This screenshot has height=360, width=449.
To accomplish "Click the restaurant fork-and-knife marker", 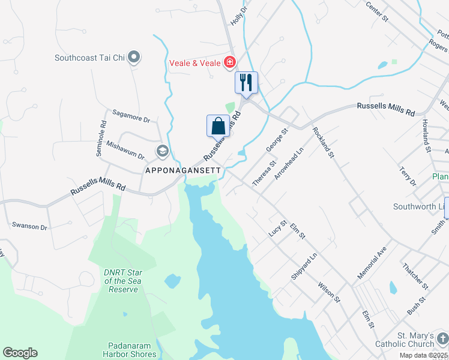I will [x=246, y=82].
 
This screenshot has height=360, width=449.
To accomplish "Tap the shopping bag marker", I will [x=218, y=126].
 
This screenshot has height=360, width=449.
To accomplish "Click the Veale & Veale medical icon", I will [x=229, y=61].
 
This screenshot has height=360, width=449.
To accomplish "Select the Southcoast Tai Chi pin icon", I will [x=134, y=58].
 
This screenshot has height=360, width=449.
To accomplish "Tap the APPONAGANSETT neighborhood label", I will [x=184, y=170].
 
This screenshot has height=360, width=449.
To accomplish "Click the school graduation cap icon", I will [x=162, y=151].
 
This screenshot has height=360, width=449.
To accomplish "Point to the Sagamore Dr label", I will [x=131, y=116].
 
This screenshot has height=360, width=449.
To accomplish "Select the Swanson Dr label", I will [x=29, y=226].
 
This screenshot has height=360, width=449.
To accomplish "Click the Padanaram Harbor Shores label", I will [x=132, y=349].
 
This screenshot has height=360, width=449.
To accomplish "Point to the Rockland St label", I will [x=322, y=143].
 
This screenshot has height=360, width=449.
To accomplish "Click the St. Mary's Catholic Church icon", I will [x=442, y=339].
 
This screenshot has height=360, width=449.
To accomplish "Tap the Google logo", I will [x=20, y=352].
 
